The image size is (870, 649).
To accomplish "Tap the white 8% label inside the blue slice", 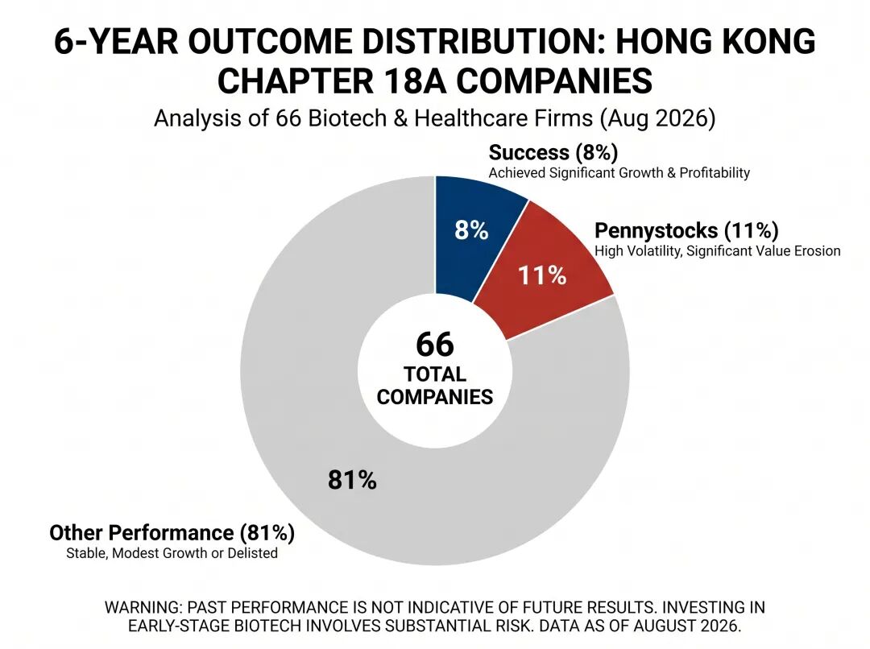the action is tap(471, 229).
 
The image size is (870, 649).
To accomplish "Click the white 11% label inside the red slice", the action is tap(542, 275).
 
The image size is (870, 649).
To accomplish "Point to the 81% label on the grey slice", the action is tap(352, 480).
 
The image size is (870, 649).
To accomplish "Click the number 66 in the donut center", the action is tap(435, 344).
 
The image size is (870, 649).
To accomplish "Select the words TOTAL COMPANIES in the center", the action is tap(435, 386).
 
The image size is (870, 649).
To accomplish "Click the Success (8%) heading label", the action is tap(553, 152).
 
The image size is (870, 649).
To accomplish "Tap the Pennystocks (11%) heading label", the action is tap(686, 230).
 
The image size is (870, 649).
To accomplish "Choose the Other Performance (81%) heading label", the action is tap(172, 532).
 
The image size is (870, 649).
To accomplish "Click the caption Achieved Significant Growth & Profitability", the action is tap(619, 173).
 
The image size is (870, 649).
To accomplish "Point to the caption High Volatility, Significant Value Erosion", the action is tap(718, 251).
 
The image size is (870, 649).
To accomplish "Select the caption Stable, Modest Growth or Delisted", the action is tap(172, 553).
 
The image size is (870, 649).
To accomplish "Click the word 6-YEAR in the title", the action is tap(116, 42).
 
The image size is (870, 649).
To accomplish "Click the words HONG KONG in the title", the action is tap(716, 42).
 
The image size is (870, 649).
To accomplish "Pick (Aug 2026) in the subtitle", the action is tap(657, 118).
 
